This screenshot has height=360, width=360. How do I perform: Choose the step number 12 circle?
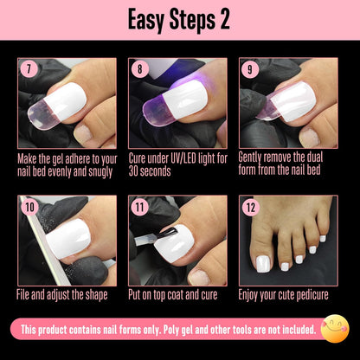click(250, 206)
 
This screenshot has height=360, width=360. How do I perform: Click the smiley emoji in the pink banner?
click(333, 329)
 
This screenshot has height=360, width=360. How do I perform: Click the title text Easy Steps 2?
click(180, 19)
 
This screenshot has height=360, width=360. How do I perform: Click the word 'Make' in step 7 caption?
click(29, 157)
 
